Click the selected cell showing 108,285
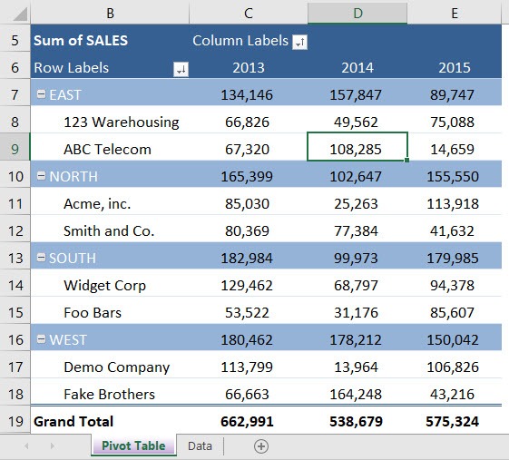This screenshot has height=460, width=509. [x=357, y=149]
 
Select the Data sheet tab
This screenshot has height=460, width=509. [x=200, y=445]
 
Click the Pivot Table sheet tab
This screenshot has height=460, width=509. [x=133, y=445]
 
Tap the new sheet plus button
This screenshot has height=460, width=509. [x=261, y=445]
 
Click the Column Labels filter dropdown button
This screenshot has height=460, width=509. [x=299, y=42]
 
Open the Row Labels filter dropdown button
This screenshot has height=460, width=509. [x=181, y=69]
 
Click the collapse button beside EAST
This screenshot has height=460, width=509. [x=40, y=94]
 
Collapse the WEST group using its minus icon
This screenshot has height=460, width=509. [x=40, y=339]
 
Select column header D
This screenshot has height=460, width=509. [x=357, y=13]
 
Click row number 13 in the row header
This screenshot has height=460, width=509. [x=15, y=258]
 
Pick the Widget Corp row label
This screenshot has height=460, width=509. [x=104, y=285]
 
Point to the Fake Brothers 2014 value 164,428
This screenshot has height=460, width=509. [x=357, y=394]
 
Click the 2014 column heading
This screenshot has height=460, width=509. [x=357, y=67]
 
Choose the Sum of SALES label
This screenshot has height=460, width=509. [x=81, y=40]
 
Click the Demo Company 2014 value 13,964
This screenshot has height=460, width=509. [x=357, y=367]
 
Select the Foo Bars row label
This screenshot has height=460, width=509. [x=92, y=312]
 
